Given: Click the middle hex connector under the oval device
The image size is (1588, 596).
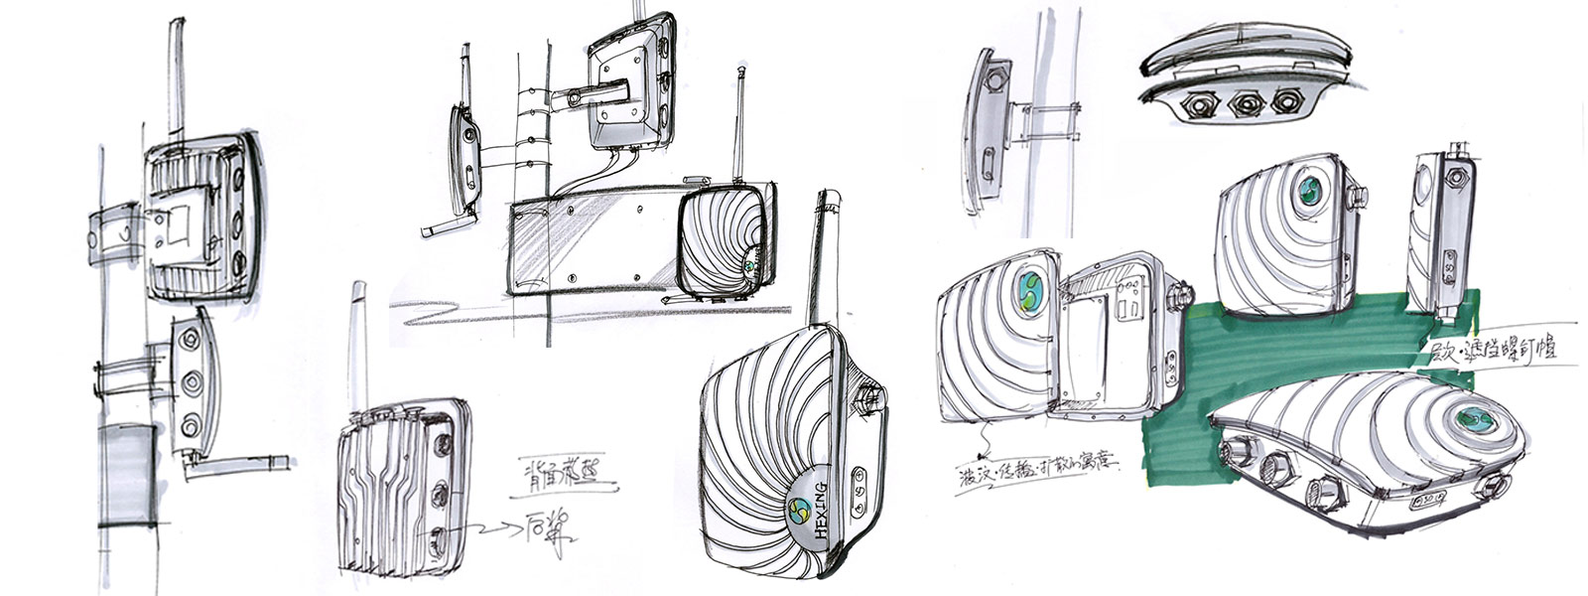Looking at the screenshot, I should point(1239,101).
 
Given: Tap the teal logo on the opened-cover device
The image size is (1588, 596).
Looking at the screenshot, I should point(1032,291).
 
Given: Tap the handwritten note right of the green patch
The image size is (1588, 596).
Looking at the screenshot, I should point(1489,351).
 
